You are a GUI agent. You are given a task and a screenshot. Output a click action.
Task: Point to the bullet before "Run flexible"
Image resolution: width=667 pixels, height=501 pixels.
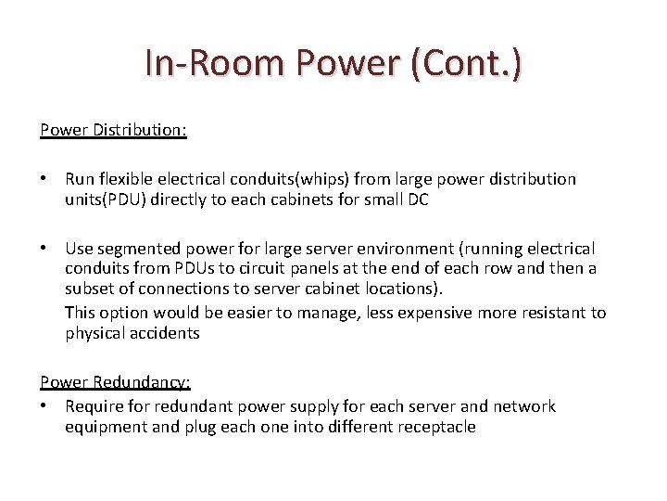[x=44, y=178]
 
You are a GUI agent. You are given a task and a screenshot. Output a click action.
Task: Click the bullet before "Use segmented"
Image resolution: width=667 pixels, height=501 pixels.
[x=44, y=249]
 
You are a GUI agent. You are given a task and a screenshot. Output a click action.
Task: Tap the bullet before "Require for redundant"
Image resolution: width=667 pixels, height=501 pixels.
[x=44, y=406]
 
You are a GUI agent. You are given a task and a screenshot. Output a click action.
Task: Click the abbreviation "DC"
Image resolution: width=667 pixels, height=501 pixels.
[x=417, y=199]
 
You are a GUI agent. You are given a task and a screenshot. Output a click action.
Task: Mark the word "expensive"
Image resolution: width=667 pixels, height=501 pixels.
[x=435, y=313]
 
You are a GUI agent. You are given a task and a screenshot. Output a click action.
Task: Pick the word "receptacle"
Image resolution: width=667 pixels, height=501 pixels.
[x=433, y=427]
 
